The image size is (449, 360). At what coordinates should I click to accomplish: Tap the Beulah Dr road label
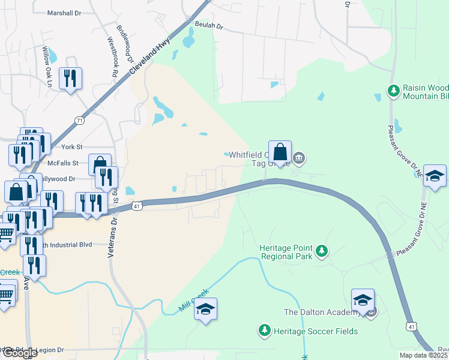(209, 26)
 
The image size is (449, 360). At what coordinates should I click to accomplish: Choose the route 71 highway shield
(80, 121)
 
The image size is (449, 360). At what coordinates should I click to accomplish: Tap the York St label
(71, 146)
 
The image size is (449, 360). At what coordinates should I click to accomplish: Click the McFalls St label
(64, 163)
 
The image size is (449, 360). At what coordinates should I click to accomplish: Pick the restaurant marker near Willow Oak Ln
(70, 78)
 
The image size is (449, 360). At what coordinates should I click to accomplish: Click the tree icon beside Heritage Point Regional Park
(322, 251)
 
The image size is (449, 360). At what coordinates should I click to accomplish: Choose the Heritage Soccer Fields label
(316, 331)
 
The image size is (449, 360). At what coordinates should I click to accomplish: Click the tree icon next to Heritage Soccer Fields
(264, 330)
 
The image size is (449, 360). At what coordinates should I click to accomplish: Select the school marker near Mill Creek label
(206, 309)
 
